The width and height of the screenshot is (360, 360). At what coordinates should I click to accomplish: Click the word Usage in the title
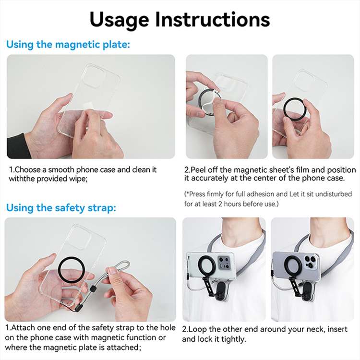click(120, 20)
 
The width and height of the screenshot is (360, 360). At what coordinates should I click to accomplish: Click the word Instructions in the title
click(213, 19)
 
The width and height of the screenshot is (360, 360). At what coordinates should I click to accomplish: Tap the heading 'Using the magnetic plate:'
click(68, 44)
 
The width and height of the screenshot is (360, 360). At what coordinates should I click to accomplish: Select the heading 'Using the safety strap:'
click(61, 208)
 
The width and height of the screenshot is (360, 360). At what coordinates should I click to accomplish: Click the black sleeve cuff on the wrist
click(18, 146)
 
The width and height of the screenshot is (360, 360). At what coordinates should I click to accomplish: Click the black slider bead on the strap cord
click(93, 288)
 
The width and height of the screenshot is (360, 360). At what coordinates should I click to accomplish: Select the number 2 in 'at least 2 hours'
click(220, 204)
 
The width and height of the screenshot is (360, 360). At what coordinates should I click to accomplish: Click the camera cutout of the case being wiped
click(94, 76)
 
